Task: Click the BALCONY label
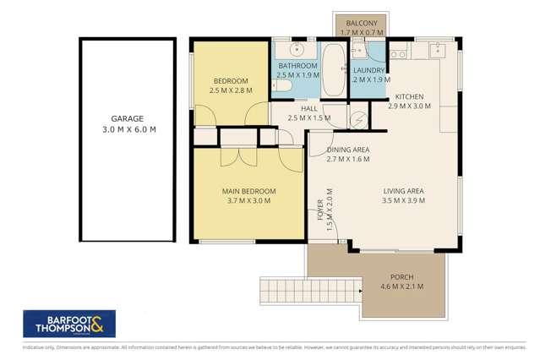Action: click(x=361, y=24)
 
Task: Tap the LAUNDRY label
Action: click(x=369, y=70)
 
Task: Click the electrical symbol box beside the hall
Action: click(x=359, y=117)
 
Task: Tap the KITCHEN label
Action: click(x=408, y=96)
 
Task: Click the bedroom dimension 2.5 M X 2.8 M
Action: click(x=231, y=90)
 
